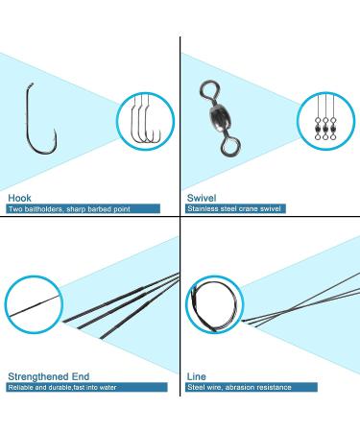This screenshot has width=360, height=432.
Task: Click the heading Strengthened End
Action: (x=50, y=375)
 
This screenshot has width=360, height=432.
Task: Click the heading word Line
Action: (x=197, y=375)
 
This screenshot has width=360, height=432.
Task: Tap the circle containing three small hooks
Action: (x=143, y=122)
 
